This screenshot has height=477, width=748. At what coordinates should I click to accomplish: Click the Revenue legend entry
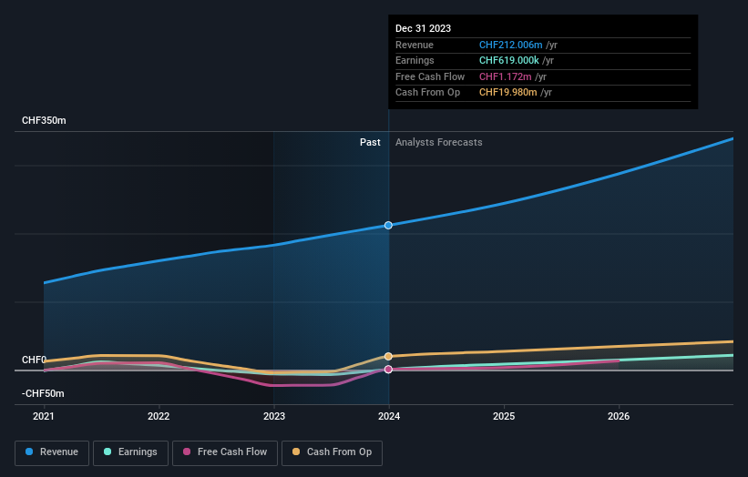(x=52, y=452)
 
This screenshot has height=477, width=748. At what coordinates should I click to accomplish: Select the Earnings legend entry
(x=130, y=452)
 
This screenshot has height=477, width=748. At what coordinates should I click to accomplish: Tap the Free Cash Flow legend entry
(x=224, y=452)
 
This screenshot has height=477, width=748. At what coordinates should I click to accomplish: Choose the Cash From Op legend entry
(x=333, y=452)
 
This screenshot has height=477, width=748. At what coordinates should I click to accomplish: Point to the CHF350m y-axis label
(x=44, y=121)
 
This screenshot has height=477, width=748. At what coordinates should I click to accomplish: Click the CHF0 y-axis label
(x=34, y=360)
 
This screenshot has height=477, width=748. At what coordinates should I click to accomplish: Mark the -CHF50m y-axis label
(x=43, y=394)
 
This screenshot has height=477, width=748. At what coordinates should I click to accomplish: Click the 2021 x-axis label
(x=44, y=417)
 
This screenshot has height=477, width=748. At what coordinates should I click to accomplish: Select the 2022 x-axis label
(x=159, y=417)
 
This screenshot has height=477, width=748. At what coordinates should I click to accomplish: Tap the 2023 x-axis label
(x=273, y=417)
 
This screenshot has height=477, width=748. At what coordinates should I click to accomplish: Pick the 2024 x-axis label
(x=389, y=417)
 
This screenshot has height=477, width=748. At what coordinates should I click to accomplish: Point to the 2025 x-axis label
(x=504, y=417)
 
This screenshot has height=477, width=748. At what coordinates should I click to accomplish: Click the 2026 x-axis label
(x=619, y=417)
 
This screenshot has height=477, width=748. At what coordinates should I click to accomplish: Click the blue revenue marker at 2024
(x=389, y=225)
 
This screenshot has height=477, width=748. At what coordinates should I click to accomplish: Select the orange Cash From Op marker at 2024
(x=389, y=356)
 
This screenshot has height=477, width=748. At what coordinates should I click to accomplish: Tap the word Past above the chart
(x=370, y=142)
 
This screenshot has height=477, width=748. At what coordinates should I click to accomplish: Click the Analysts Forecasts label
(x=438, y=142)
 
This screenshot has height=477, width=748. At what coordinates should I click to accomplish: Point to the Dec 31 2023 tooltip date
(x=423, y=29)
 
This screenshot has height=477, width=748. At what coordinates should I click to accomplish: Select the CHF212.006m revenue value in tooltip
(x=511, y=45)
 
